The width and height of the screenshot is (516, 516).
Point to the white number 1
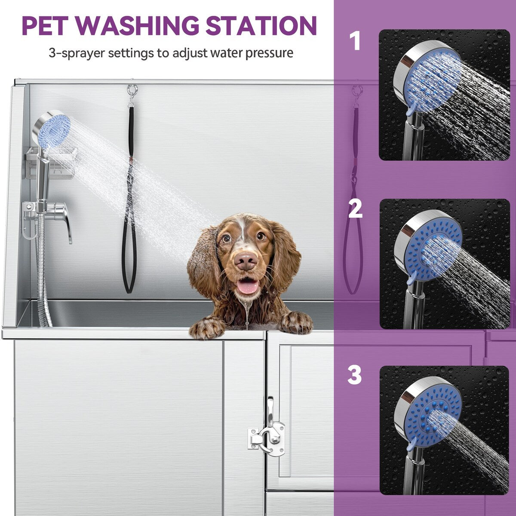(x=355, y=41)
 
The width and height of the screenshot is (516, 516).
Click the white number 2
(x=355, y=209)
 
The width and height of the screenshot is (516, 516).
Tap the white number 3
(x=355, y=375)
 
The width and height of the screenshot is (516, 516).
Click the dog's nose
(x=246, y=261)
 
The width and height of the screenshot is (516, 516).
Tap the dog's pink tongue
(x=248, y=286)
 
